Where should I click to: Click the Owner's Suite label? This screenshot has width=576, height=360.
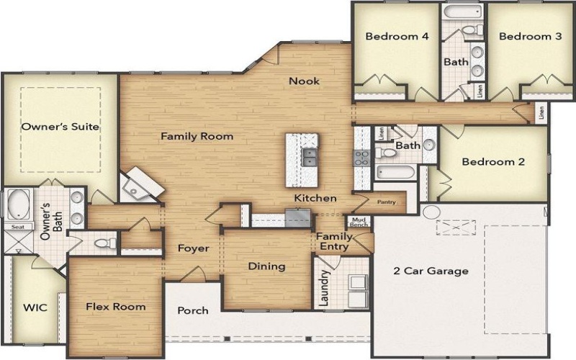pyautogui.click(x=60, y=127)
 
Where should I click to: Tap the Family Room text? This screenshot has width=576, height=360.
pyautogui.click(x=197, y=136)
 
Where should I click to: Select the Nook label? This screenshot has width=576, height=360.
pyautogui.click(x=304, y=81)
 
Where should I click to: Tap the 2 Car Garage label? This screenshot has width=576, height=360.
pyautogui.click(x=431, y=271)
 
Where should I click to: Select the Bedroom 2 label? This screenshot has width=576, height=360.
pyautogui.click(x=493, y=162)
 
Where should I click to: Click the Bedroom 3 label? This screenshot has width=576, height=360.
pyautogui.click(x=530, y=36)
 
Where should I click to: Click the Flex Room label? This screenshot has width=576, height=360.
pyautogui.click(x=115, y=307)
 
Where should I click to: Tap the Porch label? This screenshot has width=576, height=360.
pyautogui.click(x=192, y=311)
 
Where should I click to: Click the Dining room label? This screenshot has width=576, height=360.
pyautogui.click(x=266, y=266)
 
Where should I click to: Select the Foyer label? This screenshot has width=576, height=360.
pyautogui.click(x=194, y=248)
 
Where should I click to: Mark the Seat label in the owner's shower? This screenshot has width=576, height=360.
pyautogui.click(x=15, y=226)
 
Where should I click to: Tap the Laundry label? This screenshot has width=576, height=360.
pyautogui.click(x=325, y=288)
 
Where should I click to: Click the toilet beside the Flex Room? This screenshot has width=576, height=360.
pyautogui.click(x=105, y=243)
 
